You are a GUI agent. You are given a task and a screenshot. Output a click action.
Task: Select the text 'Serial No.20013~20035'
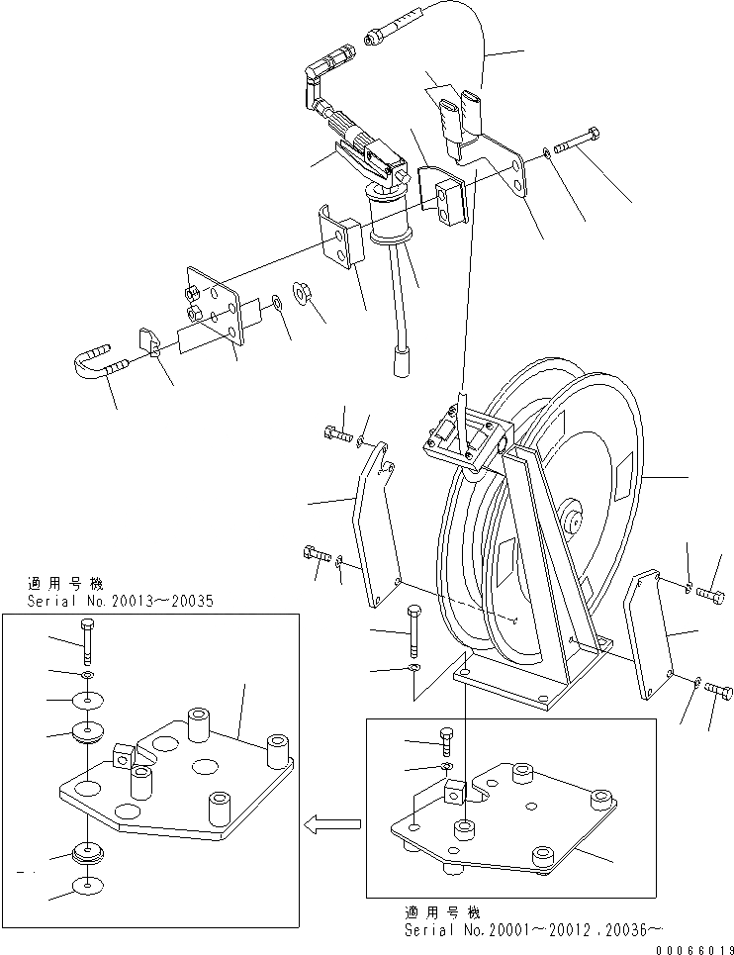106,602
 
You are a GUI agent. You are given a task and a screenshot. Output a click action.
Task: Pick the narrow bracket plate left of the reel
374,525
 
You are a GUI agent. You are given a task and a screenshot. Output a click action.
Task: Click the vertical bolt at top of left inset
89,638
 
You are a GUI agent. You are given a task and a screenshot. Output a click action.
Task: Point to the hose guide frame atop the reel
464,440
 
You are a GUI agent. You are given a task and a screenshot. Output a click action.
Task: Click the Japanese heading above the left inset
66,585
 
